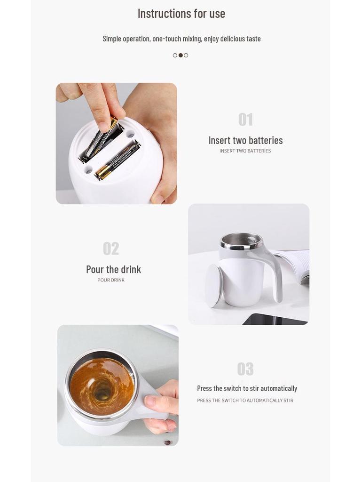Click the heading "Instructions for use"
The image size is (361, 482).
pyautogui.click(x=181, y=14)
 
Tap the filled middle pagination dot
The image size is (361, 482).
pyautogui.click(x=180, y=55)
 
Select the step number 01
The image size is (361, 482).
pyautogui.click(x=245, y=120)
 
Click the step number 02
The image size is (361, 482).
pyautogui.click(x=111, y=249)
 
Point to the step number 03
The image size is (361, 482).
pyautogui.click(x=245, y=369)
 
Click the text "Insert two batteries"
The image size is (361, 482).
pyautogui.click(x=245, y=140)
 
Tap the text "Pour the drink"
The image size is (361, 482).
pyautogui.click(x=113, y=269)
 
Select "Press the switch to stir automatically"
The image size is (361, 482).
pyautogui.click(x=247, y=388)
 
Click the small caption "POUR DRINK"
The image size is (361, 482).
pyautogui.click(x=111, y=280)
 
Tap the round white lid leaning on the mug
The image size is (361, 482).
pyautogui.click(x=213, y=285)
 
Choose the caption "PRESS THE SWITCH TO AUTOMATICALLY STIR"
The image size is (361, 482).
pyautogui.click(x=245, y=401)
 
